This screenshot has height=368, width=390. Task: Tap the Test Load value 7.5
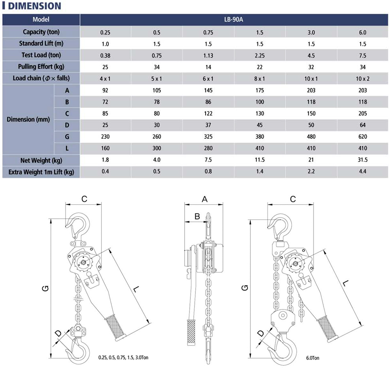pos(363,56)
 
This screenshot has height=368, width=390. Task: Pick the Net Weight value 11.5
pos(260,160)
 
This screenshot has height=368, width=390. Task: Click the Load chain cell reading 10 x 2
pos(363,79)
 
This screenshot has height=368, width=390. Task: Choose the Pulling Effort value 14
pos(208,67)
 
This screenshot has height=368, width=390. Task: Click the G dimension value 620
pos(363,137)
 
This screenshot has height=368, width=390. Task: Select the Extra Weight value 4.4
pos(363,172)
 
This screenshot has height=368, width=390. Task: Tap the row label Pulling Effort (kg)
pos(41,67)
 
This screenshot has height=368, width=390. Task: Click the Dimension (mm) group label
pos(28,119)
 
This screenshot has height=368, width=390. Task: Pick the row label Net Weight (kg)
pos(41,160)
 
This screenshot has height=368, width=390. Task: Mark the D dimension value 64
pos(363,125)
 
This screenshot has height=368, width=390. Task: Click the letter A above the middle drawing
pos(204,200)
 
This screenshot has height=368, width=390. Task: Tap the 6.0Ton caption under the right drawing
pos(312,358)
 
